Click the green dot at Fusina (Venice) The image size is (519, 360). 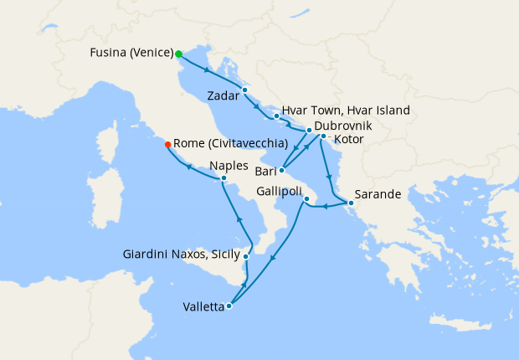point(179,54)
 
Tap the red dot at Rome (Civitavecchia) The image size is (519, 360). point(168,144)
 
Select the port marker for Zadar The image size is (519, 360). point(244,90)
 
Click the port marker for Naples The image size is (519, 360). point(224,178)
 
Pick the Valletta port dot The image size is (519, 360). point(229,306)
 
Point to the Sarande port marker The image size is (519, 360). point(352,203)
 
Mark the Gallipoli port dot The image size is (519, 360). point(306,198)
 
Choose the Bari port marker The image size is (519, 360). point(281,171)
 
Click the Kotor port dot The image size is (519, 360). point(323,136)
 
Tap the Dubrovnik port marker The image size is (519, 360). point(309,131)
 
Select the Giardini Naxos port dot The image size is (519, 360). point(245,256)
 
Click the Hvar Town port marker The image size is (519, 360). point(276,116)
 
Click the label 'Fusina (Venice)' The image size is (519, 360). point(131,54)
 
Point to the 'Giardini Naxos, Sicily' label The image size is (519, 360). point(181,253)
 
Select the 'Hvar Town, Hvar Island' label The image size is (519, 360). point(346,111)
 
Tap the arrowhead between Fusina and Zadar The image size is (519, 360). point(206,69)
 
